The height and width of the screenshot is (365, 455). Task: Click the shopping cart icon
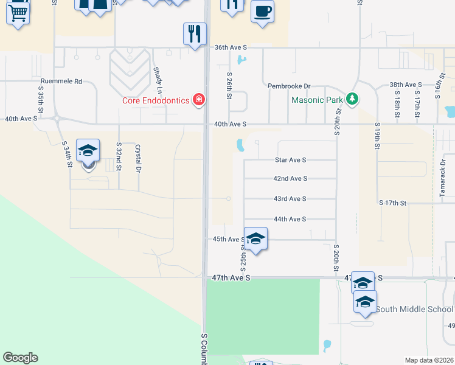[18, 12]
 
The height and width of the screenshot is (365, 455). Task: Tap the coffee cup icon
[262, 12]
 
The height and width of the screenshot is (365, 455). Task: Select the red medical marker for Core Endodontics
[198, 100]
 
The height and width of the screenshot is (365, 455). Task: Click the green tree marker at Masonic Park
[351, 99]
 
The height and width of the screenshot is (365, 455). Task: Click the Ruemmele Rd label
[61, 81]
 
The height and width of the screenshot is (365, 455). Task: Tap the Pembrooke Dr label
[290, 86]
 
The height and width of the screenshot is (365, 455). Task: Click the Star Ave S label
[290, 160]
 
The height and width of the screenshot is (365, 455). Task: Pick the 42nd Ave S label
[290, 179]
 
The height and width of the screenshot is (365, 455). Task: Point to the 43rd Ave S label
[290, 199]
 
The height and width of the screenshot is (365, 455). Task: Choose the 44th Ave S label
[290, 219]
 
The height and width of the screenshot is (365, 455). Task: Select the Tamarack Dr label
[443, 176]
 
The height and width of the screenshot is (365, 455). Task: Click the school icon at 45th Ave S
[256, 238]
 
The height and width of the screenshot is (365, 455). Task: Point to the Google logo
[20, 358]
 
